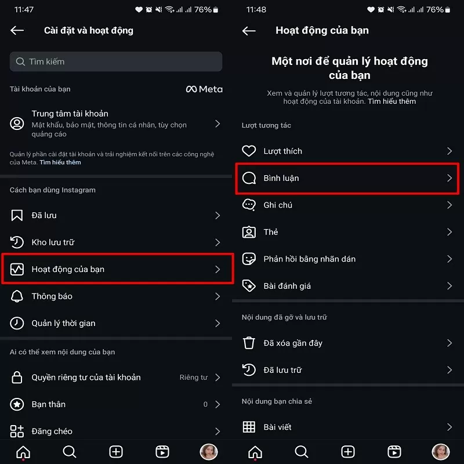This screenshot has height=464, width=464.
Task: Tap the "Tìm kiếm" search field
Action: (116, 61)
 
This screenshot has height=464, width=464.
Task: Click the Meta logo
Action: (204, 89)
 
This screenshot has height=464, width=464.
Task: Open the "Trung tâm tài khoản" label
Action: (70, 114)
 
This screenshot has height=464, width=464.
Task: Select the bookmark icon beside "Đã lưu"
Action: (17, 215)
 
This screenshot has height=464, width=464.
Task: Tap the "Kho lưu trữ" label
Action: (53, 242)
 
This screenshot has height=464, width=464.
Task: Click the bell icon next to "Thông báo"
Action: (17, 296)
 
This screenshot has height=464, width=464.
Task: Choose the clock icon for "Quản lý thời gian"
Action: (17, 323)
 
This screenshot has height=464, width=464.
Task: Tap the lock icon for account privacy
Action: (17, 378)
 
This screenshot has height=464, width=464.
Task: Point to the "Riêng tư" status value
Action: (193, 378)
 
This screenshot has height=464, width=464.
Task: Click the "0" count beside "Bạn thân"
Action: (205, 404)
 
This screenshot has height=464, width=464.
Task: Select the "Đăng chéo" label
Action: (52, 431)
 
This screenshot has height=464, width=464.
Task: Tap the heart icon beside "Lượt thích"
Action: (249, 151)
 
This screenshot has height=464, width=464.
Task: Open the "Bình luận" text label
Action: (281, 178)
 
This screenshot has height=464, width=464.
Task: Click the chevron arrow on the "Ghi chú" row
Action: (449, 205)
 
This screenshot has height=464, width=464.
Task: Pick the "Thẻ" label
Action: (271, 232)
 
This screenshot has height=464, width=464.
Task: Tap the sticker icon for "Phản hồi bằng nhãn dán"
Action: (249, 259)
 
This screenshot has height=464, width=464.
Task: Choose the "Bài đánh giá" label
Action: (287, 286)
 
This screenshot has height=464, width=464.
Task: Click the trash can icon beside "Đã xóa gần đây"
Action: (249, 343)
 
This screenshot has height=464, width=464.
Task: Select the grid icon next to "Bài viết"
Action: (249, 427)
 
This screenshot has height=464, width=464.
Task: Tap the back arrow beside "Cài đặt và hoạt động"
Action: (17, 31)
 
